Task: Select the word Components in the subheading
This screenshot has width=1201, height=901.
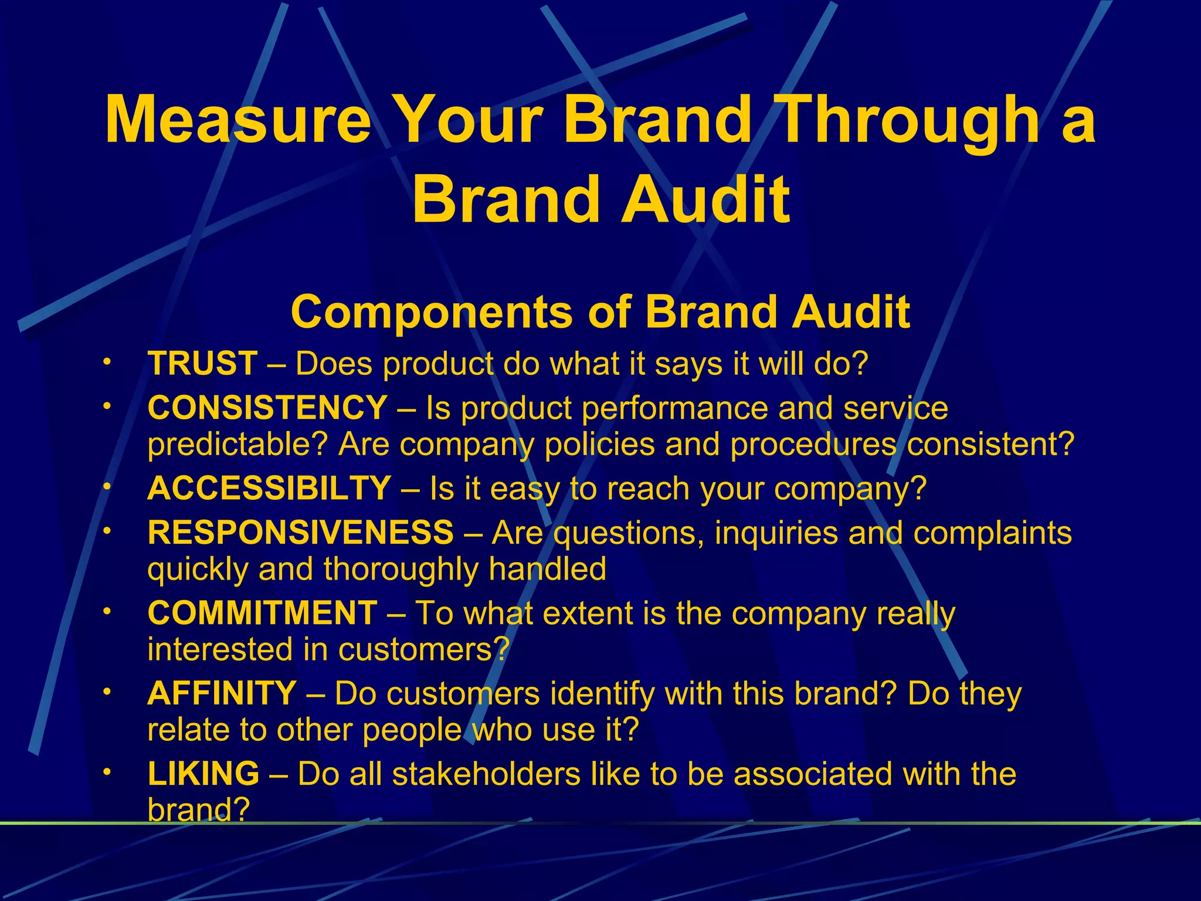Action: (x=432, y=311)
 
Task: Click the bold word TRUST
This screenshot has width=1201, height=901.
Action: (x=202, y=364)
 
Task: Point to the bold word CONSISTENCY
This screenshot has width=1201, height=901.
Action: (x=267, y=408)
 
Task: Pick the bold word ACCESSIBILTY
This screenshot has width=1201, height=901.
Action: (x=269, y=488)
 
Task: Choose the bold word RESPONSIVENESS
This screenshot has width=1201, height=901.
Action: (x=300, y=533)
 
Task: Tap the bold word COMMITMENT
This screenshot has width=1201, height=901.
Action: (x=262, y=613)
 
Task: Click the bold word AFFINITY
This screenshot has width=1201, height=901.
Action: (x=222, y=693)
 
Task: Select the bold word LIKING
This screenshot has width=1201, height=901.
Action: (x=203, y=773)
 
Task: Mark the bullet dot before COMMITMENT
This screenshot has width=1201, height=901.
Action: (x=106, y=611)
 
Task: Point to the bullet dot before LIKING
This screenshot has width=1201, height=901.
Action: (x=106, y=771)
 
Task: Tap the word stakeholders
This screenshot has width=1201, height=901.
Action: (x=486, y=774)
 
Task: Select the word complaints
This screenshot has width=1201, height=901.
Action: (x=992, y=533)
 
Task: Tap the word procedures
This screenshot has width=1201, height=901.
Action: (x=813, y=445)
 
